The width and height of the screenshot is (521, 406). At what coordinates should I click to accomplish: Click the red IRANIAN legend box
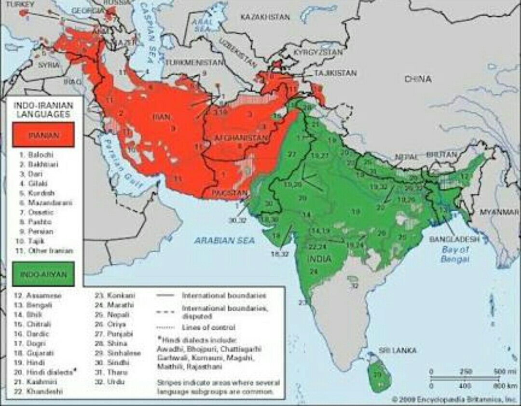point(43,135)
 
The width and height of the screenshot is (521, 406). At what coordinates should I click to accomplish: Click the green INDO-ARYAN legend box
point(43,274)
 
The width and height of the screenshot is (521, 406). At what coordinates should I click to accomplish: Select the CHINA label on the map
point(418,79)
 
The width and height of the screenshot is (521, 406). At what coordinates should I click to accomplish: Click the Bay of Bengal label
point(454,254)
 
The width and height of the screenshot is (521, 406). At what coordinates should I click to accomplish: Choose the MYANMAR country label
point(499,213)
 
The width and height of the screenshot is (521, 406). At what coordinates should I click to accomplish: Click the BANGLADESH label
point(454,239)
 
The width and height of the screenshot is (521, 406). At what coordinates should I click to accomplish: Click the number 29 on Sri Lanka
point(377,374)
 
